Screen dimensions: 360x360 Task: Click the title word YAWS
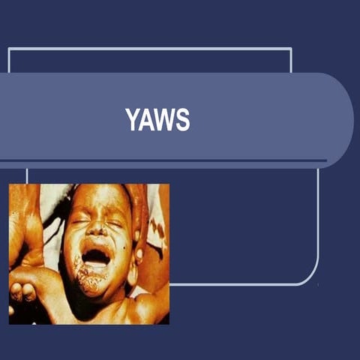[157, 120]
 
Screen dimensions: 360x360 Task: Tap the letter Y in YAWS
[132, 120]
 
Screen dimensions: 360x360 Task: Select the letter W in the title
[166, 120]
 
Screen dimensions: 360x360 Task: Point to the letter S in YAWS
[183, 120]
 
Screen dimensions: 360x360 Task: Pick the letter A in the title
[146, 120]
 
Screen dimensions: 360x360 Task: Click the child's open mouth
[96, 257]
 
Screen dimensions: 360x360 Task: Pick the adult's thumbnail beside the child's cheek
[139, 256]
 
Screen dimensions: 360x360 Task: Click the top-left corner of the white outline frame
[9, 49]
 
